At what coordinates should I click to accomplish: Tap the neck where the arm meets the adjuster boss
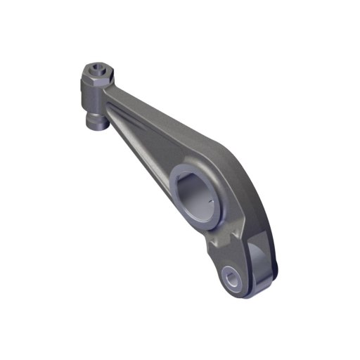point(112,91)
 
